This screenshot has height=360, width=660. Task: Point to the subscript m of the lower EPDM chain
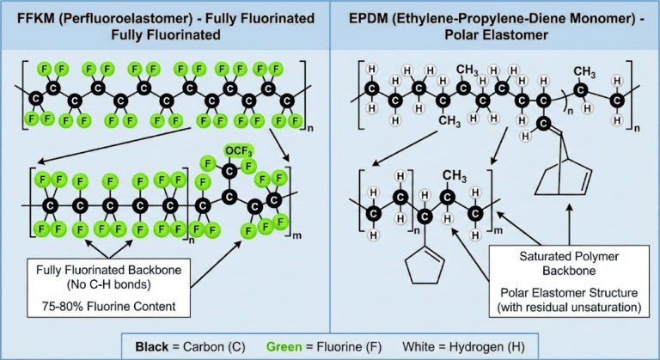pyautogui.click(x=495, y=229)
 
